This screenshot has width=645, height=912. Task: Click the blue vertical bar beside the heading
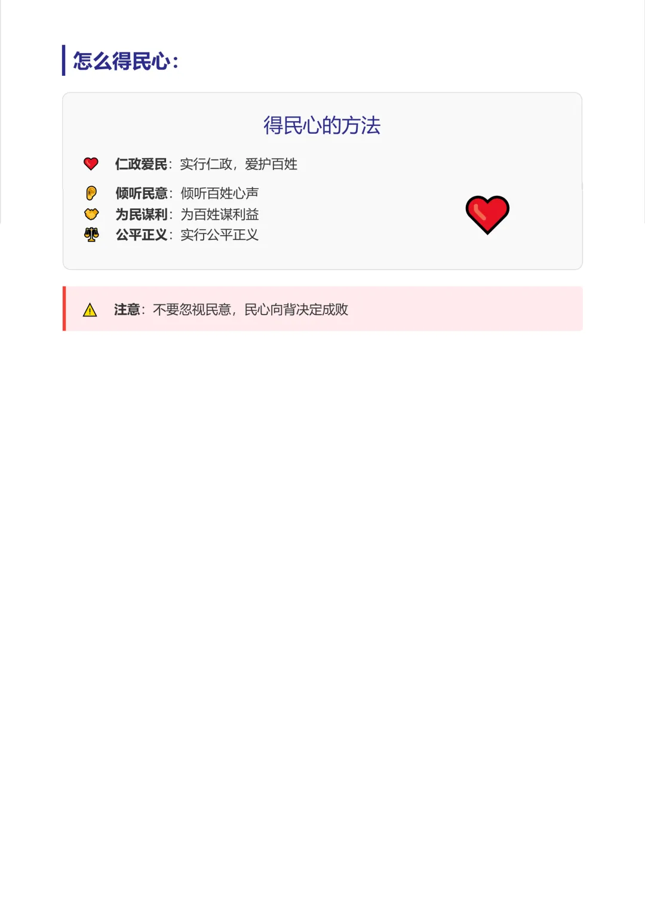64,60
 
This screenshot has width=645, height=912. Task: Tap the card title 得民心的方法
322,125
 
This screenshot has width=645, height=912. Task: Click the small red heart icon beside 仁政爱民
91,164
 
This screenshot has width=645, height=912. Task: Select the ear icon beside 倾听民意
91,193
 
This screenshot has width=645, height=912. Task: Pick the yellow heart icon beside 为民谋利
91,214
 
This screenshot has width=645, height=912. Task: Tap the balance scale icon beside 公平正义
91,235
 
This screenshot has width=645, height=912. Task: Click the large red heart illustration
487,214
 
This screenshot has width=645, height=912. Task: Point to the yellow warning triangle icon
90,310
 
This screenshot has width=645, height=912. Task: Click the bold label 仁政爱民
141,164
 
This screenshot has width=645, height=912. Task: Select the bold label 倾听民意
142,193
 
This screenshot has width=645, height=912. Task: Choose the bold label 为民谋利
142,214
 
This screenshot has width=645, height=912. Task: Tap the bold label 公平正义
142,235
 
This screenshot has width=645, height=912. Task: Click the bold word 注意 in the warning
127,310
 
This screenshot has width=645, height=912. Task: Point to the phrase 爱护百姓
271,164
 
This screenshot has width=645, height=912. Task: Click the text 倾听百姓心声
219,193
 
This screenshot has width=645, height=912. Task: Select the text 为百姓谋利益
219,214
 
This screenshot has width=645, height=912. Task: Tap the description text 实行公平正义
219,235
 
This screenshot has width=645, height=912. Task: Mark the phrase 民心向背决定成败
296,310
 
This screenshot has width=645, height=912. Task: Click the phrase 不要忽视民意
192,310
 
